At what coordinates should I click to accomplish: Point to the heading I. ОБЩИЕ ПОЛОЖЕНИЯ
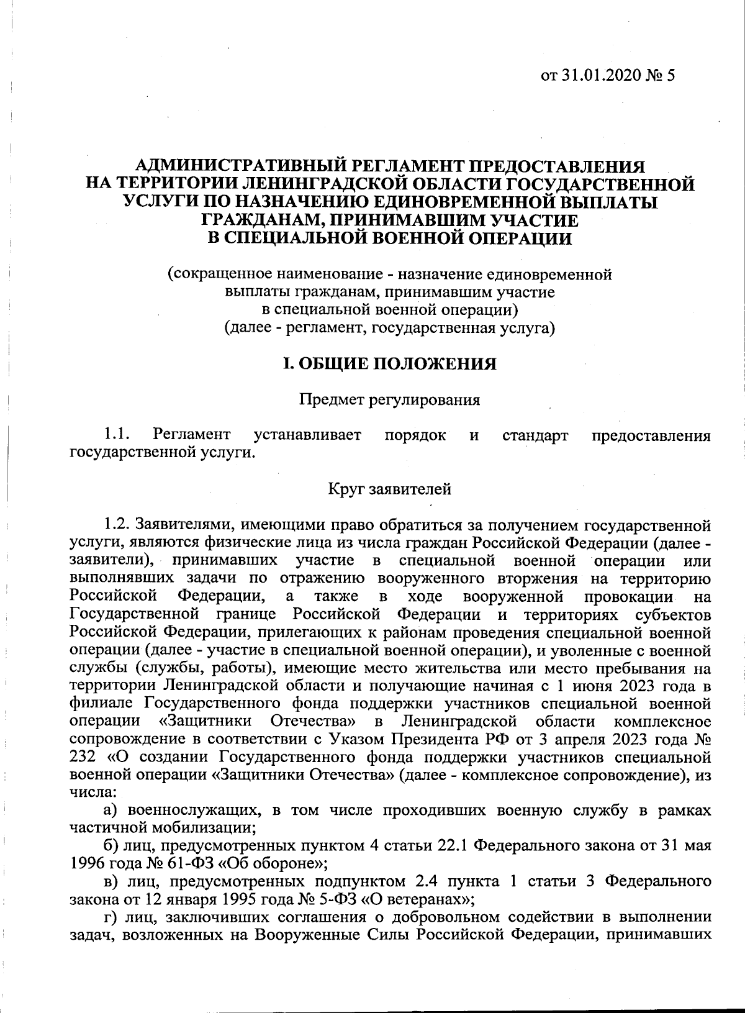click(389, 363)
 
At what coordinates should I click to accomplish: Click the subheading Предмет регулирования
click(389, 399)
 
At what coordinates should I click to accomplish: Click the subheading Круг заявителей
click(389, 489)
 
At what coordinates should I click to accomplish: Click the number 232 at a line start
click(83, 758)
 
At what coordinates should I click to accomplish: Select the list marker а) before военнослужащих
click(111, 811)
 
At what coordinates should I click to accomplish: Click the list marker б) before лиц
click(111, 846)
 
